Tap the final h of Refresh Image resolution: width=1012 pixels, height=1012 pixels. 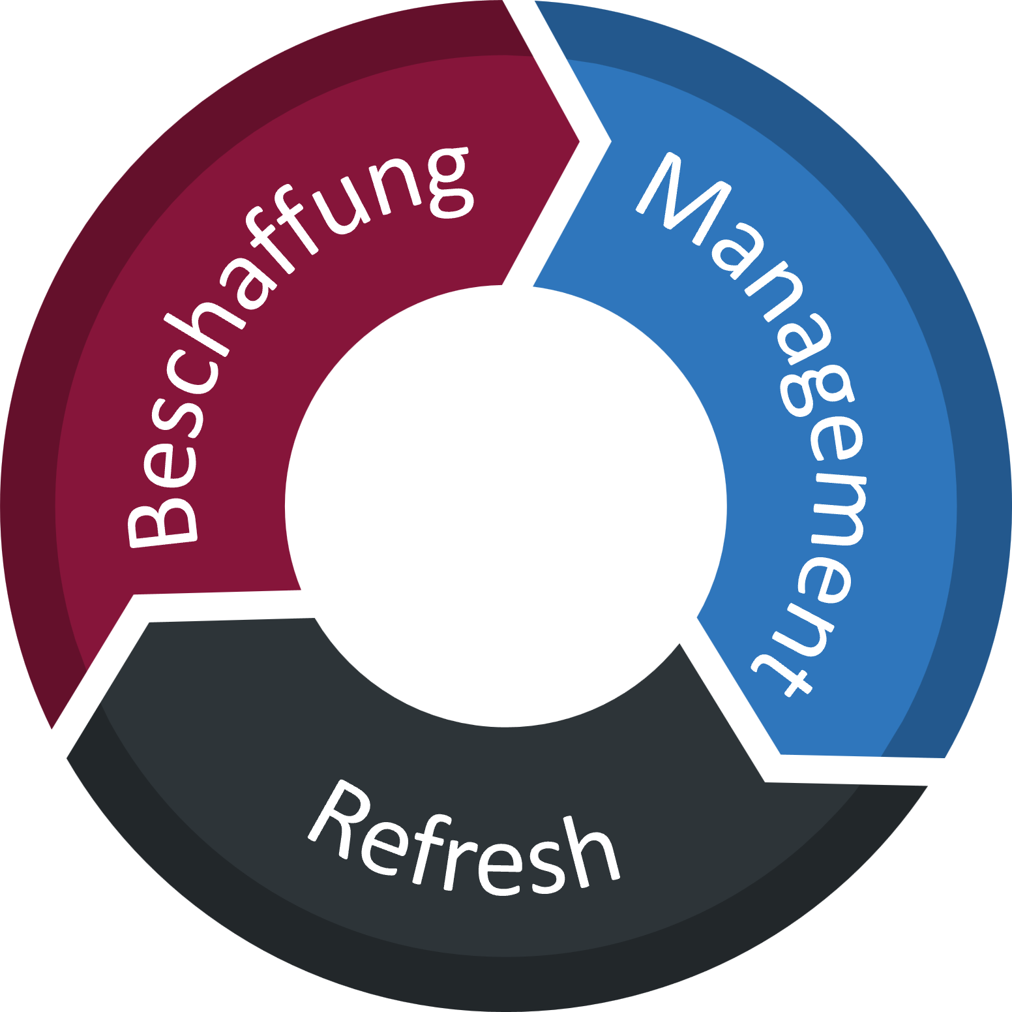[590, 855]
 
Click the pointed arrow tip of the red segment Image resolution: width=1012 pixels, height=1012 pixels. [578, 141]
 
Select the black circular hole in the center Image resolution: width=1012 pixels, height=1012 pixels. [506, 506]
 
